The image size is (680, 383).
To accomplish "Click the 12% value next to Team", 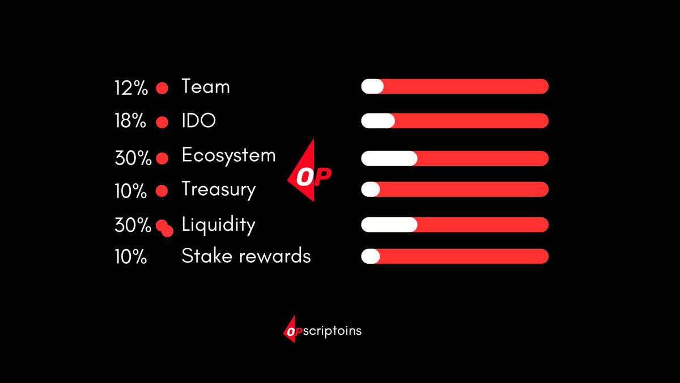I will coord(131,88).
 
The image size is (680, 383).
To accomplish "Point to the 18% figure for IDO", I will coord(131,122).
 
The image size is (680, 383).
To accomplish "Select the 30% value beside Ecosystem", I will coord(133,158).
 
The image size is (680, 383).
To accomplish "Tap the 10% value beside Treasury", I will coord(131,191).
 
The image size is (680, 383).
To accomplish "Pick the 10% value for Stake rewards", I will coord(131,257).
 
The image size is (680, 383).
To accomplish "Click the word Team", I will coord(206,87).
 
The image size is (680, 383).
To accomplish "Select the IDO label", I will coord(198,121).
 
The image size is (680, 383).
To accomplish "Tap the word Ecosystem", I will coord(228,155).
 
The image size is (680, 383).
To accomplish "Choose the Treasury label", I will coord(218,190).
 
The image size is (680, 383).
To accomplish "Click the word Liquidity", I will coord(218,225).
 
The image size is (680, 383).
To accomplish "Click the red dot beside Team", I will coord(163,89).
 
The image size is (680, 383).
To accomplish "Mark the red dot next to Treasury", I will coord(161,191).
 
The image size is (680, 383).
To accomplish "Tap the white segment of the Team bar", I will coord(372,86).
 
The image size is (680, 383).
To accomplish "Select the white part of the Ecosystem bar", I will coord(389,158).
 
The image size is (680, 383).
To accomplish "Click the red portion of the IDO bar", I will coord(470,120).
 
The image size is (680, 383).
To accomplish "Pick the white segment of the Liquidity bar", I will coord(389,225).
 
